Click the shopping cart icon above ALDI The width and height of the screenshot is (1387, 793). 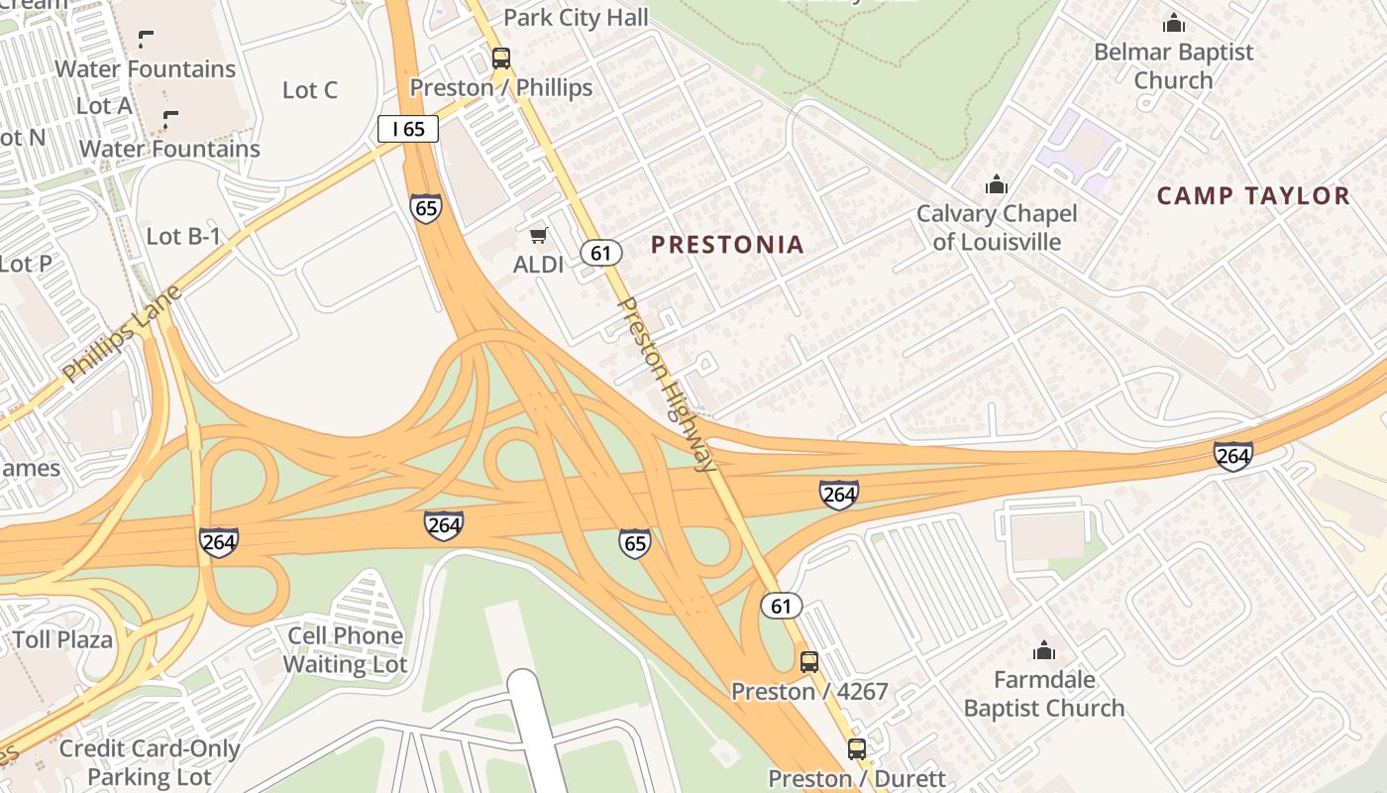pos(538,235)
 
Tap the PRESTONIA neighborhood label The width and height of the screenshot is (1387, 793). pos(727,245)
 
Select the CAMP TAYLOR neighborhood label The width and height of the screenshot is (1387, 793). pos(1253,196)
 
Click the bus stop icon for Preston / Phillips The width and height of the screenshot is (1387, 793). pos(501,57)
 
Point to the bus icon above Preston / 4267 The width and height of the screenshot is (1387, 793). pos(809,661)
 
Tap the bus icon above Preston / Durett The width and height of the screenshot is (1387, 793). pos(856,749)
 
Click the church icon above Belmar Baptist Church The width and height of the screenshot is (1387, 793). pos(1174,23)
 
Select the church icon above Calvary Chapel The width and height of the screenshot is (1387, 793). pos(996,184)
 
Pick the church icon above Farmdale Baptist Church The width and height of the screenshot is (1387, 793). pos(1044,651)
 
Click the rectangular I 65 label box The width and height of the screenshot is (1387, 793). pos(407,128)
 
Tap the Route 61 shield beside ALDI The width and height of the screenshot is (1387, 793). pos(601,253)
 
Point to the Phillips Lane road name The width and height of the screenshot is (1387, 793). pos(122,334)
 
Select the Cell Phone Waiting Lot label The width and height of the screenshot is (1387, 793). pos(345,649)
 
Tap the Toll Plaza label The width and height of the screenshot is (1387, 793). pos(63,639)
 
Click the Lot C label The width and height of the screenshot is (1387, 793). pos(310,90)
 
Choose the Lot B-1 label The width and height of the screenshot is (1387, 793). pos(183,236)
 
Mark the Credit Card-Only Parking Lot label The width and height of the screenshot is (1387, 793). pos(149,761)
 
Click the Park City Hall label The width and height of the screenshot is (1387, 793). pos(576,18)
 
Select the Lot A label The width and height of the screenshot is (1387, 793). pos(104,105)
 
